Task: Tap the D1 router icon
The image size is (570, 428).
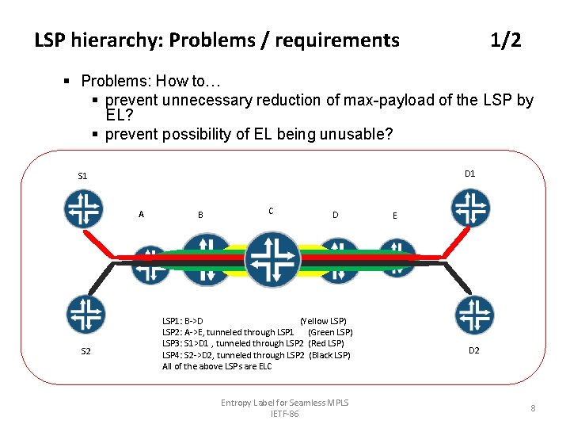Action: point(470,208)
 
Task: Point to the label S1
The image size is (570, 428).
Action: point(82,176)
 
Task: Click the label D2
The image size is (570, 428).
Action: point(473,350)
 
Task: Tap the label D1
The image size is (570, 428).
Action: point(469,173)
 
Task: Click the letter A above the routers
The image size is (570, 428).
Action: point(141,213)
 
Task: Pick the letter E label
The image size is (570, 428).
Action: point(395,215)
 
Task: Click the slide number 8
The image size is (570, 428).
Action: point(533,408)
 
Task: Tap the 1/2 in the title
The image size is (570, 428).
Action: point(505,40)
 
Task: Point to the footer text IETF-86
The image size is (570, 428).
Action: point(284,415)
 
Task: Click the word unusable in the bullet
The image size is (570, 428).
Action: point(354,134)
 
